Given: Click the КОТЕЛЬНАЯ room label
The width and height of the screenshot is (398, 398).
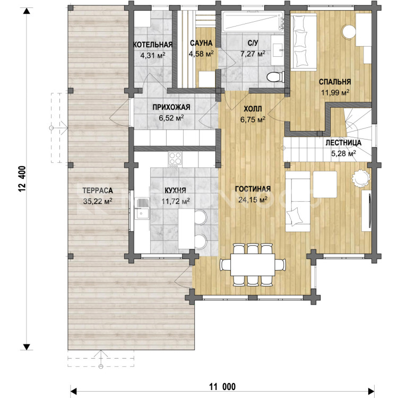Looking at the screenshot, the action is (153, 45).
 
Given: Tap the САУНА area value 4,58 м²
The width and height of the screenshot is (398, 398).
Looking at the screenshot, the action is (201, 54).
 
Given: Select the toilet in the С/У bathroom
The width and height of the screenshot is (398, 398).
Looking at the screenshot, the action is (275, 76).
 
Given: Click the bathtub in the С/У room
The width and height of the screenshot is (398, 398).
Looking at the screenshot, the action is (253, 22).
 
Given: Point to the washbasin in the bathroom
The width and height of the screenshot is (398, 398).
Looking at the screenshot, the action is (278, 50).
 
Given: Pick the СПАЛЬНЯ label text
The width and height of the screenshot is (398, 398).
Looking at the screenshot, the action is (335, 82).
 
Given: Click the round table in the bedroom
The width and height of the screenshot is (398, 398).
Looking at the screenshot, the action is (349, 31).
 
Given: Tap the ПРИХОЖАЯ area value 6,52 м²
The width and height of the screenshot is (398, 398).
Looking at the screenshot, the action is (171, 118).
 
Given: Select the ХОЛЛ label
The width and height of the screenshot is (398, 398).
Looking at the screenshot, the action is (253, 109).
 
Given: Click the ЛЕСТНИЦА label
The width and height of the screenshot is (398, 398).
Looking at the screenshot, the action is (343, 143).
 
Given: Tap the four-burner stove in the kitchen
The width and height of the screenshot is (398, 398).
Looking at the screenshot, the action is (175, 159).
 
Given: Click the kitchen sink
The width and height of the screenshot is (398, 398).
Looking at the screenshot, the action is (142, 208).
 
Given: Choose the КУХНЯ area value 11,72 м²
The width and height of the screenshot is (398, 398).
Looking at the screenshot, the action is (176, 201).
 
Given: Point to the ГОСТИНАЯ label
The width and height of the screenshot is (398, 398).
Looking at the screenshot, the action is (253, 189).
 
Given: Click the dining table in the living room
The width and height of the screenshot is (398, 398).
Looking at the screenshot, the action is (253, 264).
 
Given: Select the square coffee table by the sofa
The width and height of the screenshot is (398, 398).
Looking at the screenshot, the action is (325, 184).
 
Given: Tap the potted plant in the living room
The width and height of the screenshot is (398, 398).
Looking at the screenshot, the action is (360, 178).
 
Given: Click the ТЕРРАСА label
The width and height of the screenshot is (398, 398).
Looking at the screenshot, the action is (98, 191).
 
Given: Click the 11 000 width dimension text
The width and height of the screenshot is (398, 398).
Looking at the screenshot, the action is (222, 387).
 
